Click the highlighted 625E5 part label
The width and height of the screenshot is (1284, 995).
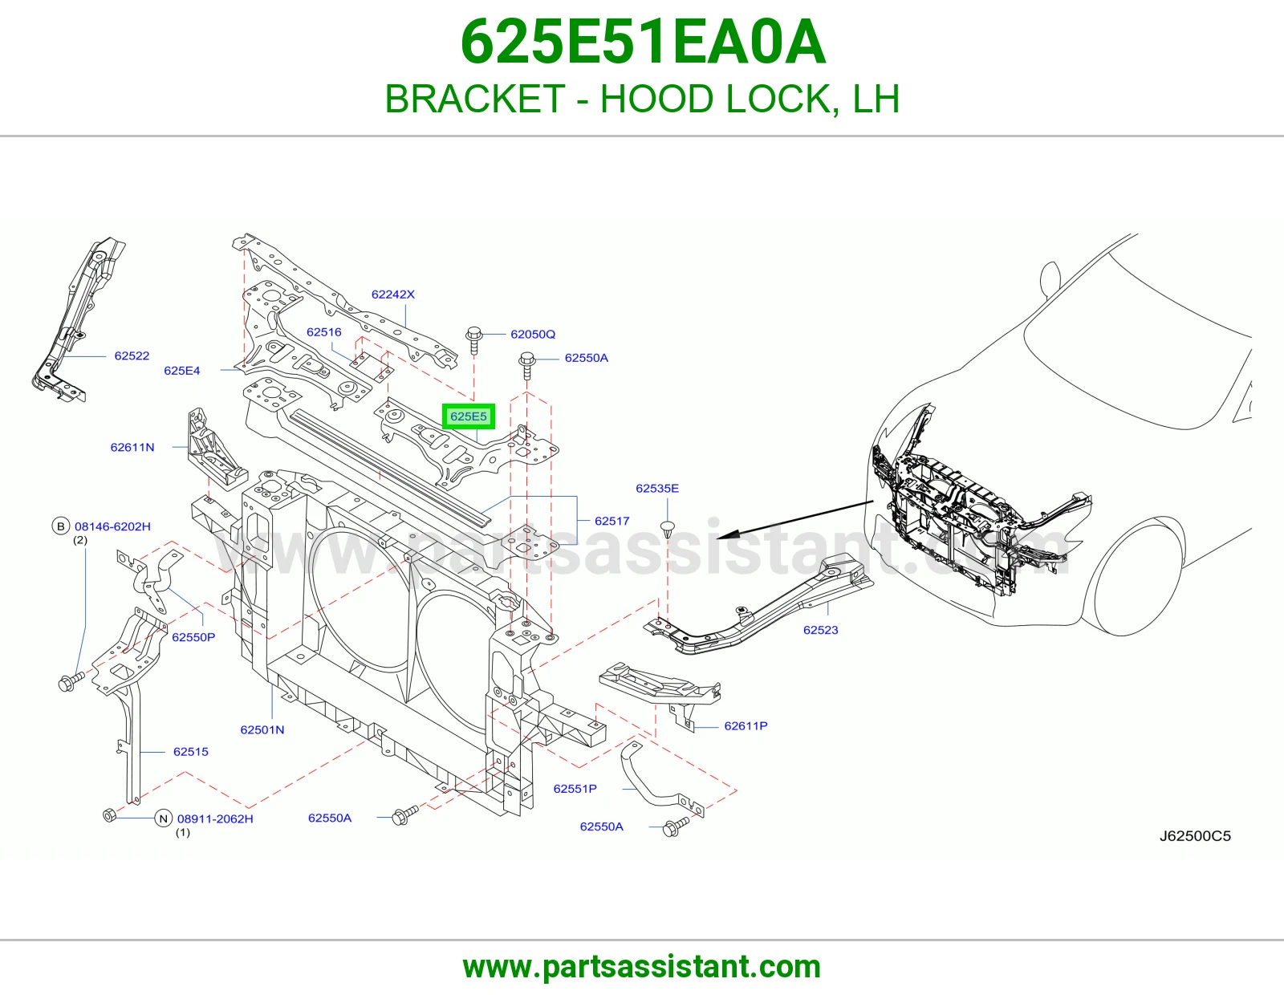[x=469, y=416]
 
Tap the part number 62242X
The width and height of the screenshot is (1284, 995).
[x=393, y=294]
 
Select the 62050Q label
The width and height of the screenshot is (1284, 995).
[x=533, y=335]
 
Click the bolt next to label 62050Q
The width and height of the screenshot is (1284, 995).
[x=474, y=340]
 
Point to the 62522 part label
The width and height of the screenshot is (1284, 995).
[x=132, y=355]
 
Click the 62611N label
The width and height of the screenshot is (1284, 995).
[x=132, y=447]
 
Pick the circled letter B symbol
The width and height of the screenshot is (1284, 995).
[x=61, y=526]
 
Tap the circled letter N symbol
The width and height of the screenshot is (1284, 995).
[x=164, y=819]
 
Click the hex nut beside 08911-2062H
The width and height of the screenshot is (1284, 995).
[x=109, y=815]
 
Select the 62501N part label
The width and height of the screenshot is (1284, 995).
[x=262, y=729]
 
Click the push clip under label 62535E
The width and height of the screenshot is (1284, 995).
[x=668, y=529]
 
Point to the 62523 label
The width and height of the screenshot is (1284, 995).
[x=821, y=630]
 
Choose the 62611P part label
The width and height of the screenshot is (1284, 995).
[x=746, y=725]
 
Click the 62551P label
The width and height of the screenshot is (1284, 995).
[x=575, y=789]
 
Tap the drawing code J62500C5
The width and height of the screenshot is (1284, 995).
[x=1195, y=836]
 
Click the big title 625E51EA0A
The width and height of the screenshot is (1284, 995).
[x=643, y=43]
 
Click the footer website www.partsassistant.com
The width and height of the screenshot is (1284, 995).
[x=642, y=967]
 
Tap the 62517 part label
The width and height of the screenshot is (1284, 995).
[x=612, y=521]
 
